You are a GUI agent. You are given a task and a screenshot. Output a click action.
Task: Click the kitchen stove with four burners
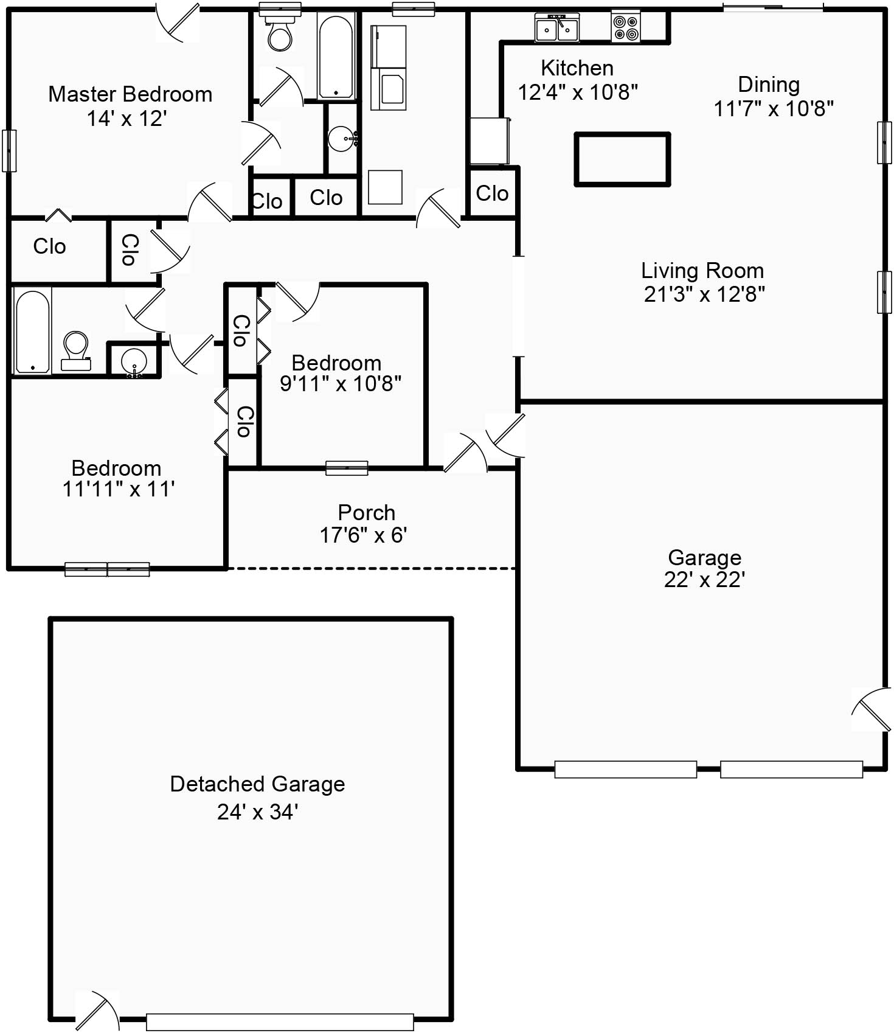tap(626, 27)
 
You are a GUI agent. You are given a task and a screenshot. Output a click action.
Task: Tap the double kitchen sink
tap(557, 28)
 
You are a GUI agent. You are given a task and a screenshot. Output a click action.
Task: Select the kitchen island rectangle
tap(622, 159)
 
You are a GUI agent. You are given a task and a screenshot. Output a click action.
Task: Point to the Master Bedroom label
tap(130, 94)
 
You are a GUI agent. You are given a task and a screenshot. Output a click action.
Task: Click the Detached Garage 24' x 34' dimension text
tap(257, 812)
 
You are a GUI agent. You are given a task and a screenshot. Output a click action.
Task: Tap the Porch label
tap(366, 512)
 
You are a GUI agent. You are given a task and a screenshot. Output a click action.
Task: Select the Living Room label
tap(702, 271)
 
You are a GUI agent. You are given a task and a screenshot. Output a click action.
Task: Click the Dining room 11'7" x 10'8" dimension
tap(773, 109)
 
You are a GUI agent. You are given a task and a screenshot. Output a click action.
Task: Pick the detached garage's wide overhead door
tap(280, 1021)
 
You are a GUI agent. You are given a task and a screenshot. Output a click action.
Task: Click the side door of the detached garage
tap(97, 1011)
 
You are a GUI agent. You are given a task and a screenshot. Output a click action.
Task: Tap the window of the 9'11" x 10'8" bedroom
tap(347, 468)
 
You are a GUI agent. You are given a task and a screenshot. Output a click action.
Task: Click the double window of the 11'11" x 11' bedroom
tap(107, 569)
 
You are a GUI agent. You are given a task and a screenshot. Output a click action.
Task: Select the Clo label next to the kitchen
tap(492, 193)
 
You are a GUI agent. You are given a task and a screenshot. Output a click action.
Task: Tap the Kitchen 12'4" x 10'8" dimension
tap(577, 92)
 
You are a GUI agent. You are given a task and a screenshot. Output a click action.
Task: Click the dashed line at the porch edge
tap(371, 569)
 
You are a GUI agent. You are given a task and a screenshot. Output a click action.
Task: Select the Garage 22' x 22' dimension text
tap(704, 580)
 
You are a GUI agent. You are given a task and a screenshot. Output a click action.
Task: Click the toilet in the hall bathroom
tap(76, 352)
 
